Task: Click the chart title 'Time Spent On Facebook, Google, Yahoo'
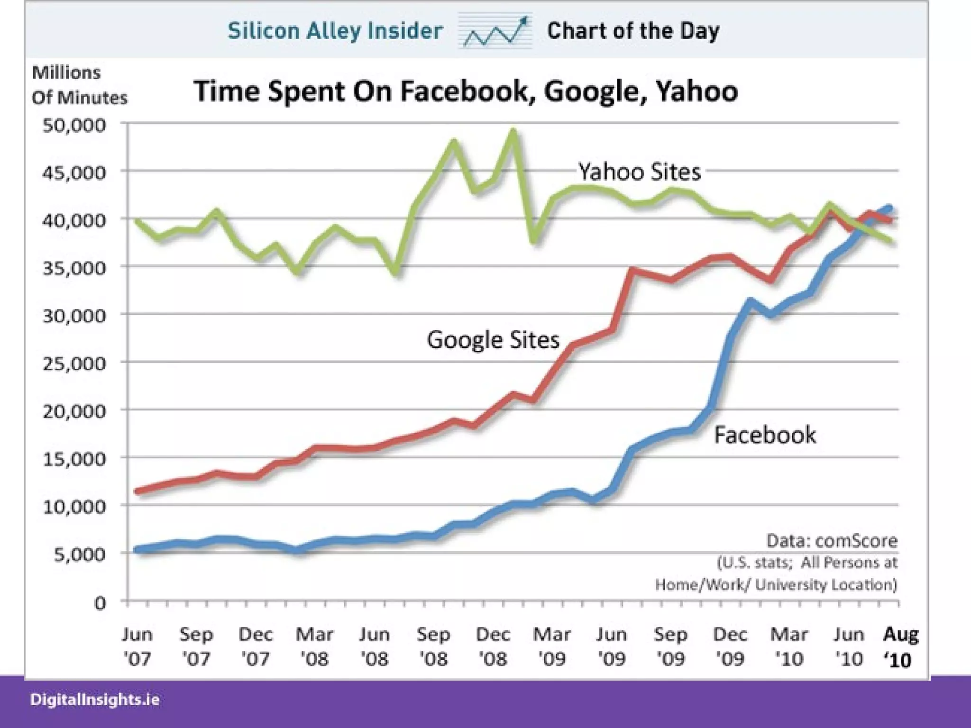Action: click(x=466, y=91)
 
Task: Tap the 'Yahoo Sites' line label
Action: click(x=639, y=172)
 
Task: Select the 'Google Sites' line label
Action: click(x=493, y=340)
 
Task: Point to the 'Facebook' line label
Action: click(x=765, y=435)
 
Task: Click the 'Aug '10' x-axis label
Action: click(x=900, y=647)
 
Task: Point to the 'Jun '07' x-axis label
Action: click(x=137, y=647)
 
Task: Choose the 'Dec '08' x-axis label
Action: click(x=493, y=647)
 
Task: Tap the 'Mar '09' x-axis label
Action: click(x=552, y=647)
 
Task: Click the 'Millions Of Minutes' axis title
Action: click(x=80, y=85)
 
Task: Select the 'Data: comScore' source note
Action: click(x=832, y=541)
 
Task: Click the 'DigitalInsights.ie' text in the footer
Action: click(x=95, y=700)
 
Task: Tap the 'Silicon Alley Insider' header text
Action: click(x=335, y=31)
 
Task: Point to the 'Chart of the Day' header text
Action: click(x=633, y=31)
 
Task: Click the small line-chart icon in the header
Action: click(x=495, y=31)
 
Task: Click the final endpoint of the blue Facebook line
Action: click(x=889, y=208)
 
